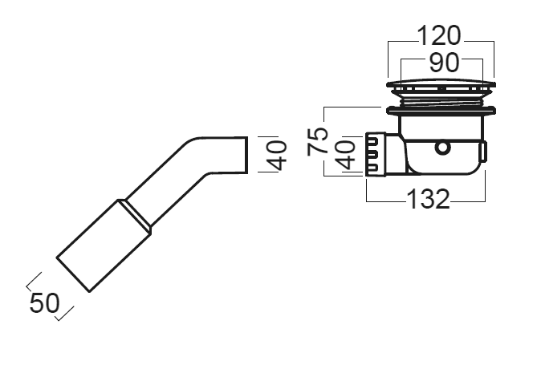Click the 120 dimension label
[439, 35]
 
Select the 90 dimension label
[444, 63]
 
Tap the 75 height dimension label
[318, 140]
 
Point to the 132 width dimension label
[428, 199]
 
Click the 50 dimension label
[44, 303]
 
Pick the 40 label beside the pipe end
[276, 156]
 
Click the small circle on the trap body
[442, 148]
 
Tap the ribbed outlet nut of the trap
[376, 154]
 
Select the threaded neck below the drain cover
[441, 101]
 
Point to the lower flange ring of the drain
[441, 111]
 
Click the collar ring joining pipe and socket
[134, 217]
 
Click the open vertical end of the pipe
[247, 155]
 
